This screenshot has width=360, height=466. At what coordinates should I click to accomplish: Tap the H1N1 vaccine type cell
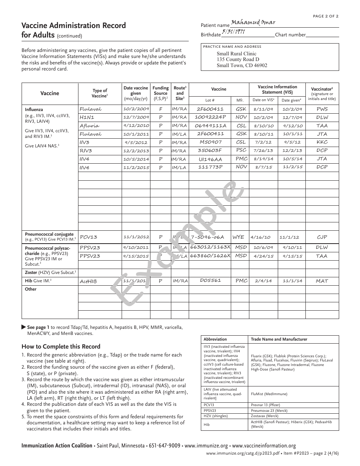[87, 117]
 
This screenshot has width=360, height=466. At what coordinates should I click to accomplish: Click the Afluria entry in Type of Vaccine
[89, 126]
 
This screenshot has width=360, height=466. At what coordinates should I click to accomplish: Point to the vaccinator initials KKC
[322, 142]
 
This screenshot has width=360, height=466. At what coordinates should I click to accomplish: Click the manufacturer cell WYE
[238, 237]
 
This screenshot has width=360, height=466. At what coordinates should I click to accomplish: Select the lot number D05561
[210, 281]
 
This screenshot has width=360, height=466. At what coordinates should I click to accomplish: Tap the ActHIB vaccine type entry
[88, 281]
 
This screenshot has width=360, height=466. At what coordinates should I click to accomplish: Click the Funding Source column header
[160, 93]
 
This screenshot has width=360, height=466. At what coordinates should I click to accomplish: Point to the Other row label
[31, 289]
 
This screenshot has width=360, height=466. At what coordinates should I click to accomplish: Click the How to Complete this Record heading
[61, 346]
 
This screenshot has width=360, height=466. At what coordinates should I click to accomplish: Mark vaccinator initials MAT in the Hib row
[322, 281]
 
